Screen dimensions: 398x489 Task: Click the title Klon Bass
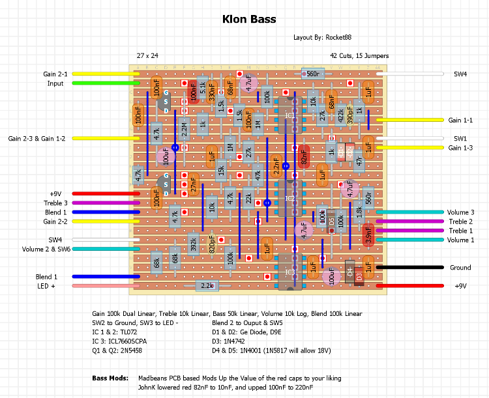point(249,19)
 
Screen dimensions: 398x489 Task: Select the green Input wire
point(104,83)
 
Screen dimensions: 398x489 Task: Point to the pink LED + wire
point(104,285)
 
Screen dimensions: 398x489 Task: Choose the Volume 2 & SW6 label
point(46,249)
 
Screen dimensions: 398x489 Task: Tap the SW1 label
point(460,139)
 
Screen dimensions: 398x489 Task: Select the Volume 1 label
point(460,240)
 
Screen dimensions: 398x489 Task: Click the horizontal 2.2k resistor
point(206,285)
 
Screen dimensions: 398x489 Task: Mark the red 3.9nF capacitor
point(368,235)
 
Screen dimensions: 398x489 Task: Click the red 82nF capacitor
point(304,157)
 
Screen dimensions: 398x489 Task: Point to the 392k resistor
point(194,244)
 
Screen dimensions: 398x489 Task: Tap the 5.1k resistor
point(203,89)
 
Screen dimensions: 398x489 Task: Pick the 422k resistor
point(340,116)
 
